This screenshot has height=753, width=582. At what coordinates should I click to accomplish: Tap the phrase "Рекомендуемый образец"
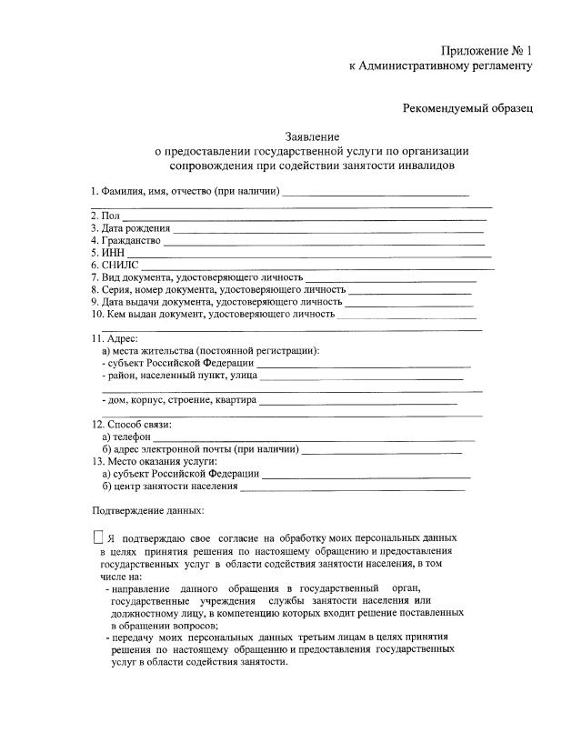(467, 108)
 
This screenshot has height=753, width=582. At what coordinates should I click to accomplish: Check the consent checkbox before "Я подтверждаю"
(98, 538)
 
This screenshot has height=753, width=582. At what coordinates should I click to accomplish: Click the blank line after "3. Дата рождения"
(327, 227)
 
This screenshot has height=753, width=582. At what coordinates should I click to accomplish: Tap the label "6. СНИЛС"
(112, 265)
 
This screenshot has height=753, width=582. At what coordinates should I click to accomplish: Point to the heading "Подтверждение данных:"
(148, 510)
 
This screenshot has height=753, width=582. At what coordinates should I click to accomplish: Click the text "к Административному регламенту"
(441, 65)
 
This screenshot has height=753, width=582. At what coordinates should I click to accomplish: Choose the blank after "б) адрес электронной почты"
(381, 449)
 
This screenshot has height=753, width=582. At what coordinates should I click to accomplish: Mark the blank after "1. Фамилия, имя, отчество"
(376, 193)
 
